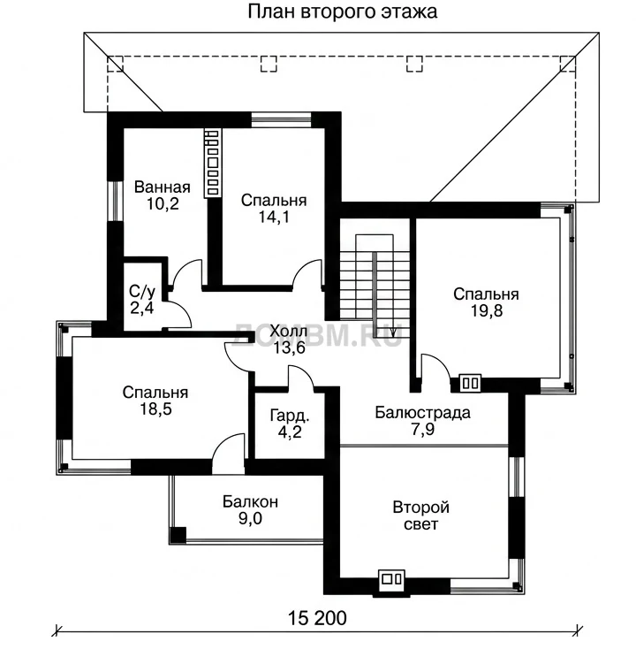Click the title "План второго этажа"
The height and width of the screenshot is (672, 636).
[x=342, y=11]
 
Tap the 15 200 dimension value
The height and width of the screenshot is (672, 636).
[x=317, y=618]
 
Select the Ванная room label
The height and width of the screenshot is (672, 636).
[x=163, y=187]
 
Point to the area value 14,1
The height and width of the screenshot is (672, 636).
[x=274, y=217]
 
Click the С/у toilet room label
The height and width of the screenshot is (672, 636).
[x=141, y=292]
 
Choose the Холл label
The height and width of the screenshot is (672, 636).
[x=289, y=331]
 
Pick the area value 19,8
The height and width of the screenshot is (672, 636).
[x=487, y=310]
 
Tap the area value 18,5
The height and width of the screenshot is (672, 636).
[x=155, y=409]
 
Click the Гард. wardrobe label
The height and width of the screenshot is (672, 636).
[x=290, y=416]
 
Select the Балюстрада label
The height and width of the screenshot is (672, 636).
[x=423, y=412]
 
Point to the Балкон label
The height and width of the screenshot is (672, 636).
[x=250, y=501]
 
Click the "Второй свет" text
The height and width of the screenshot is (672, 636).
[x=421, y=515]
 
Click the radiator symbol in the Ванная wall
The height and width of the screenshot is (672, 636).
[x=212, y=164]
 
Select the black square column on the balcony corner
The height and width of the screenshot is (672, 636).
[x=178, y=535]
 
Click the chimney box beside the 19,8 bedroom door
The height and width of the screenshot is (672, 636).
[x=470, y=383]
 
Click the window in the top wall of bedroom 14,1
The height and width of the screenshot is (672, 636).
[x=281, y=120]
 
